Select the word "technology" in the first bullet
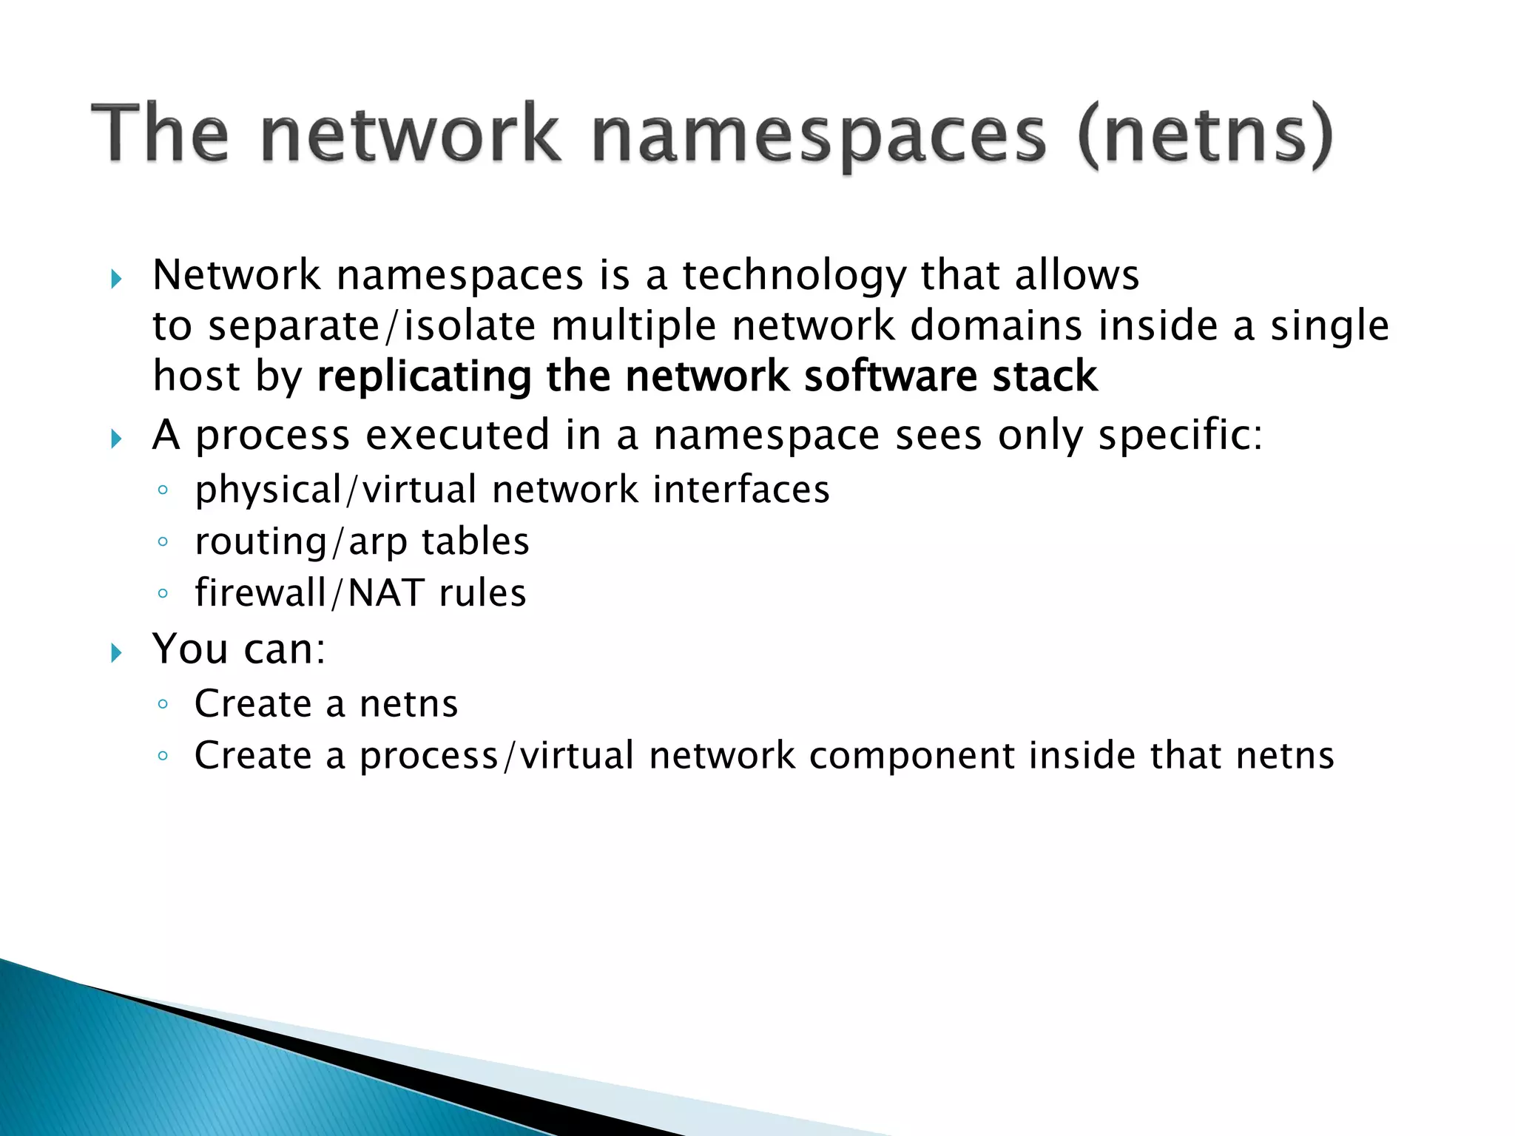point(794,276)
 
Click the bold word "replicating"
point(424,376)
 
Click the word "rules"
point(482,593)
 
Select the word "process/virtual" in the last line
point(497,756)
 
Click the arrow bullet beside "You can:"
point(116,652)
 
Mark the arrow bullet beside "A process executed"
point(116,439)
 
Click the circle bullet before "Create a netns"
point(163,704)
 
